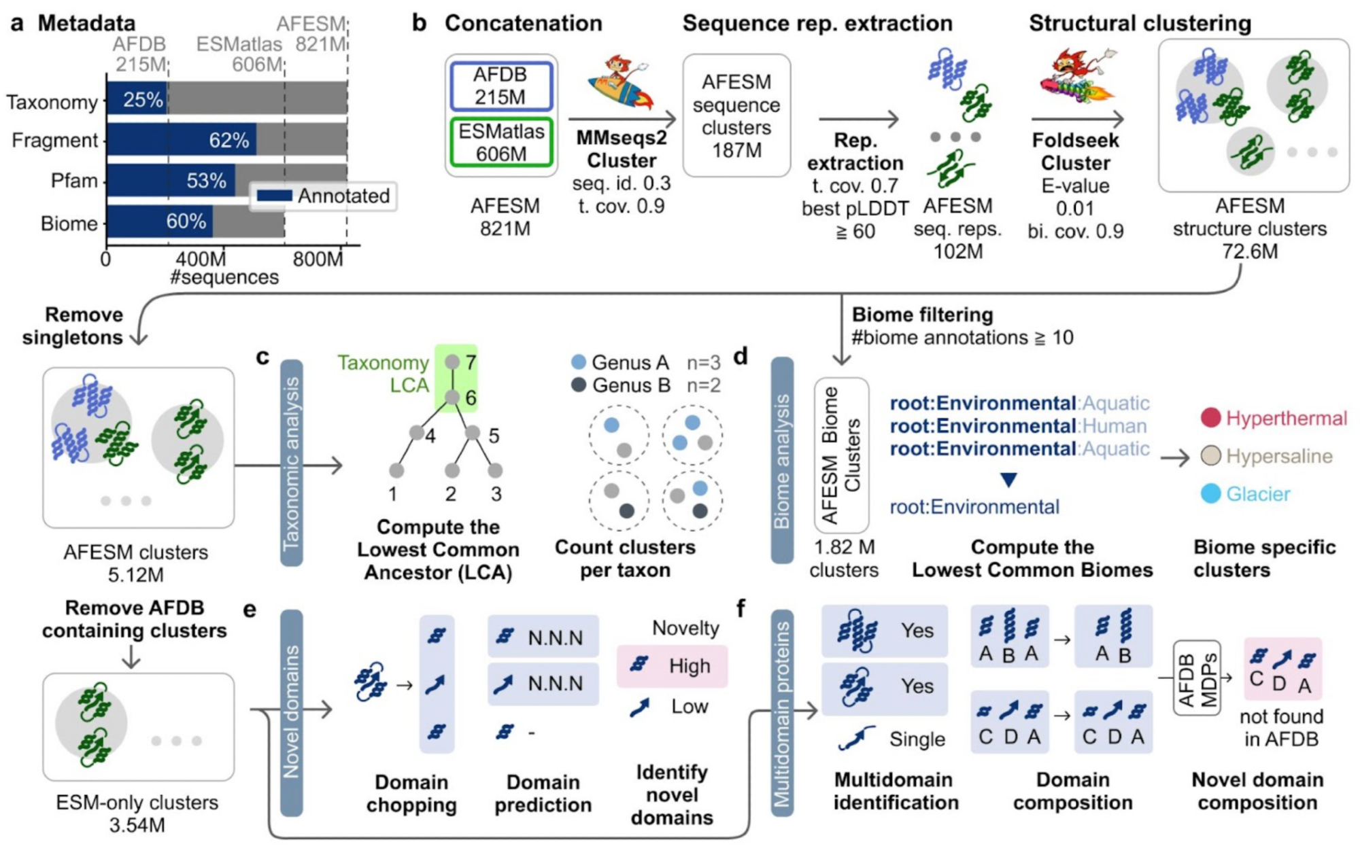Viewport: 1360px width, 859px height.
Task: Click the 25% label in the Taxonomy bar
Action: [x=143, y=100]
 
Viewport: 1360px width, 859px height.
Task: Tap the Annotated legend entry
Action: [x=324, y=196]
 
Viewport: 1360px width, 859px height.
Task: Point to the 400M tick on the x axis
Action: [x=201, y=259]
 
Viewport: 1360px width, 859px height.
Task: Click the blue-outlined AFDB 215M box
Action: [x=500, y=86]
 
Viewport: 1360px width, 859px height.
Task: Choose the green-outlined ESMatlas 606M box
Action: [x=501, y=142]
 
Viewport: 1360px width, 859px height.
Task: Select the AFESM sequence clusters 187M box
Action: [x=736, y=116]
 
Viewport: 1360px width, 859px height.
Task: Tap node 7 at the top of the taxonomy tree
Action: [x=453, y=362]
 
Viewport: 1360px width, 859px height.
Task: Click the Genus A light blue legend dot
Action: [x=579, y=362]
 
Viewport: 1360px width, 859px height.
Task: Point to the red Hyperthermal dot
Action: [x=1211, y=417]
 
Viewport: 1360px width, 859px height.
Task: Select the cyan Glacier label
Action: [x=1257, y=494]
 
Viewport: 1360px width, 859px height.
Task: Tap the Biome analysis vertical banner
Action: [x=782, y=461]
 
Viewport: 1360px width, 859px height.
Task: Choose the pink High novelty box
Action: [x=672, y=666]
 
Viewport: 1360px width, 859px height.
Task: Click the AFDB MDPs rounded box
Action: [x=1197, y=678]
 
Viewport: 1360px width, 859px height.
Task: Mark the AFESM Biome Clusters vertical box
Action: [x=841, y=455]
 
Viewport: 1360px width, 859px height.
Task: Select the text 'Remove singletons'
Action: [x=73, y=326]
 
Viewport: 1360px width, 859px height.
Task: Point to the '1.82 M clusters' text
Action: [x=843, y=559]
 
